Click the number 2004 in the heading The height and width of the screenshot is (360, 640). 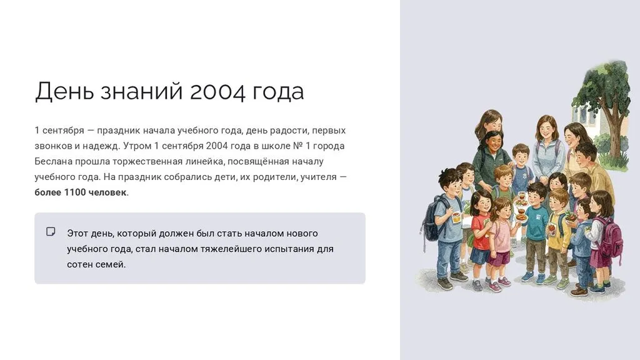click(217, 91)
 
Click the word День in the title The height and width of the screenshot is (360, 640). click(64, 91)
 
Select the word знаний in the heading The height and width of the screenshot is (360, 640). click(141, 91)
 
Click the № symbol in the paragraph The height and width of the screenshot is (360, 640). click(298, 146)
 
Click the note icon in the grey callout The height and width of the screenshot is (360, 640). click(51, 232)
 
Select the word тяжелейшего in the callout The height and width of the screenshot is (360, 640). click(230, 249)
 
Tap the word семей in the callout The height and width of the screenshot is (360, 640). click(111, 264)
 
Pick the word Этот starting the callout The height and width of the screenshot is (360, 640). click(77, 234)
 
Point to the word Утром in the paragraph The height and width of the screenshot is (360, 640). click(137, 146)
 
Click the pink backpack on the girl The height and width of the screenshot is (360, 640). click(609, 236)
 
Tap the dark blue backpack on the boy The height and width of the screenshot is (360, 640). click(432, 218)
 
